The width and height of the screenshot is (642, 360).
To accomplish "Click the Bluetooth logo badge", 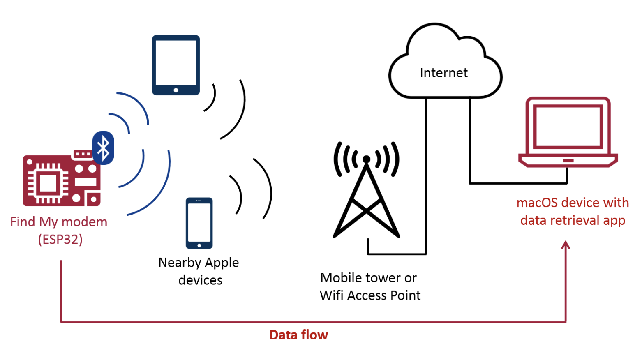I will click(103, 148).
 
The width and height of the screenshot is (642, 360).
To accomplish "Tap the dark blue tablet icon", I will click(176, 65).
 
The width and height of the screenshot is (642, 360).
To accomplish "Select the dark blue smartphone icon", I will click(199, 223).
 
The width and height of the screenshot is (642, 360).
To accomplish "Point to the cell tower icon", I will click(366, 193).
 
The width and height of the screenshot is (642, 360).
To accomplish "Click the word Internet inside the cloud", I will click(443, 73).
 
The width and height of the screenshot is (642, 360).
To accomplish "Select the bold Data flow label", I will click(298, 335).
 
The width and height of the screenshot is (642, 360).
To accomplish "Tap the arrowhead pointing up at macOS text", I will click(566, 245).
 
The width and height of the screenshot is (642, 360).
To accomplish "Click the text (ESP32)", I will click(60, 239).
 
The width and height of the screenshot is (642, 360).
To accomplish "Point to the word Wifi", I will click(332, 295).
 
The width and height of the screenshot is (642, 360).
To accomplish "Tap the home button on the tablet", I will click(176, 90).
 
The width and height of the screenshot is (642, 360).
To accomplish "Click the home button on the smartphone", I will click(199, 245).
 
